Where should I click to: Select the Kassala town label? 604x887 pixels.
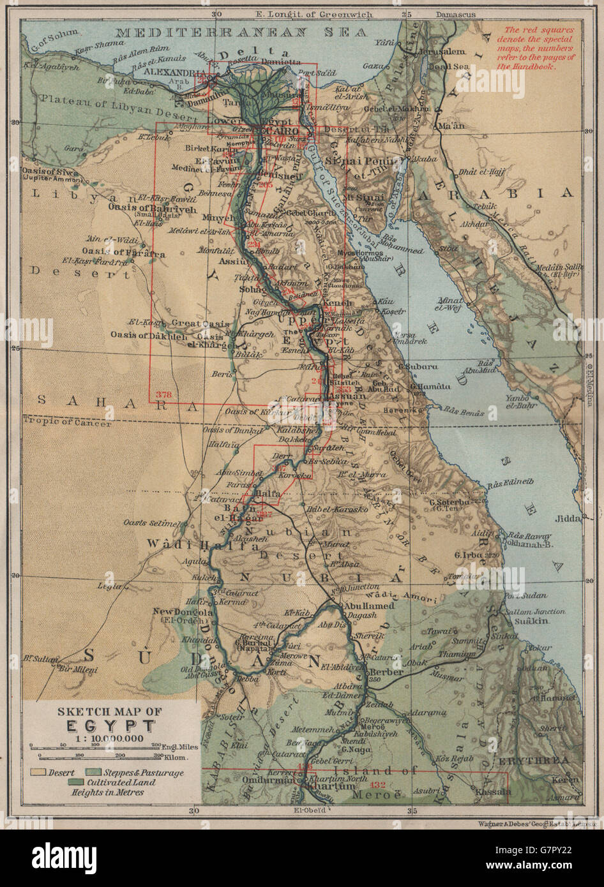click(492, 792)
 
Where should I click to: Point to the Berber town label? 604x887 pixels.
click(386, 672)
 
